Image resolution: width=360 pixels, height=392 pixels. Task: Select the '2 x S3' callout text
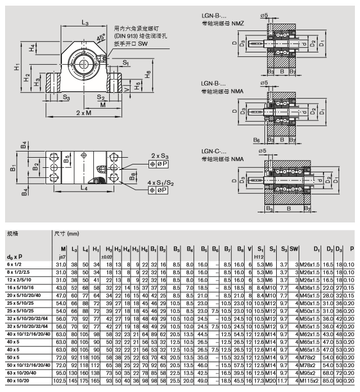[x=160, y=155]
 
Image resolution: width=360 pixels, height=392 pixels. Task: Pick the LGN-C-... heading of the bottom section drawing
[x=217, y=152]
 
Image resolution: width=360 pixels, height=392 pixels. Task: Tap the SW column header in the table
[x=294, y=249]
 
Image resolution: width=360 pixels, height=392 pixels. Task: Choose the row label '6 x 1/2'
[x=15, y=263]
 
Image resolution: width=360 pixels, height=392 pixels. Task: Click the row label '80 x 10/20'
[x=18, y=380]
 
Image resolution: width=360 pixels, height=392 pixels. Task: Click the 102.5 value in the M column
[x=60, y=380]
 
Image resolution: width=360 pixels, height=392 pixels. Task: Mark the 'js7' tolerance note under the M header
[x=62, y=256]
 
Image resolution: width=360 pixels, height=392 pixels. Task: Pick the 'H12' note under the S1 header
[x=259, y=256]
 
